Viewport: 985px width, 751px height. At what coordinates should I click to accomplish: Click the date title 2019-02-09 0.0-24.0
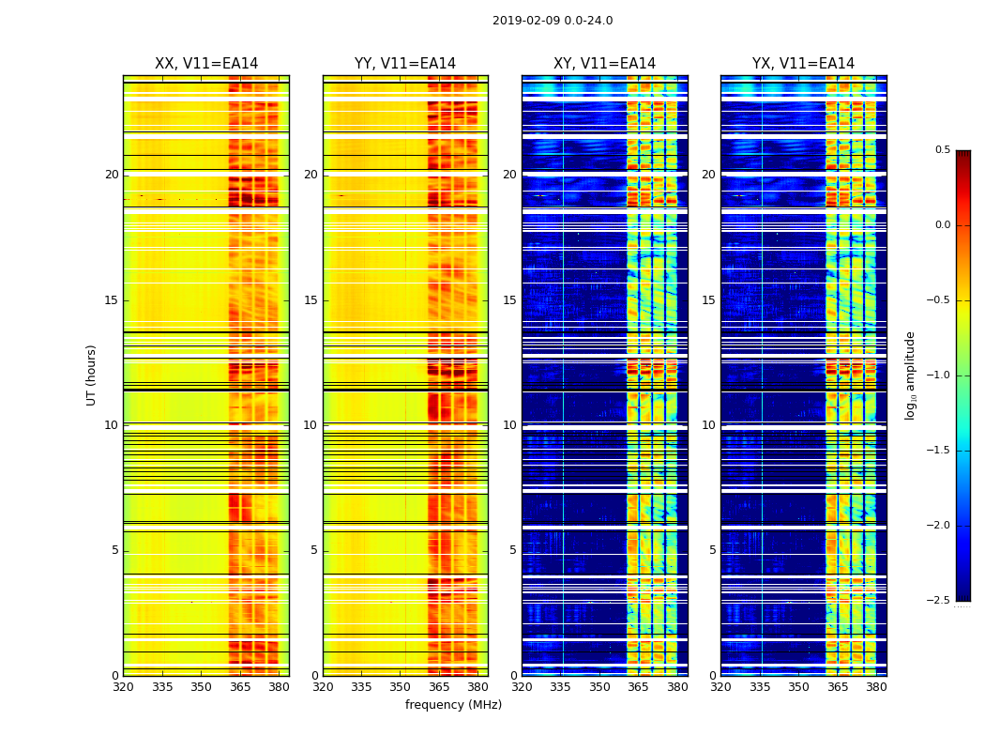pyautogui.click(x=553, y=21)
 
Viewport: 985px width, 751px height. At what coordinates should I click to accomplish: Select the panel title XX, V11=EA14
pyautogui.click(x=206, y=64)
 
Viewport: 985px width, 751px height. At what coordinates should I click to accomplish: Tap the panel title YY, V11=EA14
pyautogui.click(x=405, y=64)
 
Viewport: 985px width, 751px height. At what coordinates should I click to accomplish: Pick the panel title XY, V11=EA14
pyautogui.click(x=604, y=64)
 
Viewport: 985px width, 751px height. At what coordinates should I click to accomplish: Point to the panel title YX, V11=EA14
pyautogui.click(x=803, y=64)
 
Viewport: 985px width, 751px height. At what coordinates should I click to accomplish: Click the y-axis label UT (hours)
pyautogui.click(x=92, y=375)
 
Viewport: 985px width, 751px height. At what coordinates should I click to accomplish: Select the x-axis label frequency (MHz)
pyautogui.click(x=453, y=705)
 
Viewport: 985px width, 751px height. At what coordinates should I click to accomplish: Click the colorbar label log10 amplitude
pyautogui.click(x=909, y=375)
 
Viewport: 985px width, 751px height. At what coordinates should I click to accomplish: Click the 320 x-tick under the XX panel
pyautogui.click(x=123, y=688)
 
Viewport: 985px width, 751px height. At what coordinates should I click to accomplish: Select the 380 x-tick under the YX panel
pyautogui.click(x=876, y=688)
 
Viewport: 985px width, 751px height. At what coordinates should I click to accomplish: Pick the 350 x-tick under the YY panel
pyautogui.click(x=401, y=688)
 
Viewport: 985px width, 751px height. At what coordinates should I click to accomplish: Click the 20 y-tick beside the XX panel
pyautogui.click(x=112, y=175)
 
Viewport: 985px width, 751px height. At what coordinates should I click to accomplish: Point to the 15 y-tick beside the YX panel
pyautogui.click(x=709, y=300)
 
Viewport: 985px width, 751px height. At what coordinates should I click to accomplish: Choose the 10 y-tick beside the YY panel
pyautogui.click(x=311, y=425)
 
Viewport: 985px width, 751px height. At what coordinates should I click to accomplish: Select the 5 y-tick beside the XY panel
pyautogui.click(x=512, y=550)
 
